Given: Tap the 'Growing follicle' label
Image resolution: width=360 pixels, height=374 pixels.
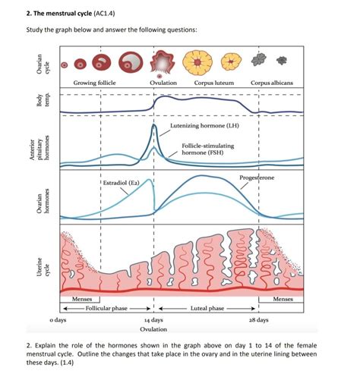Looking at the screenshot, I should click(x=96, y=82).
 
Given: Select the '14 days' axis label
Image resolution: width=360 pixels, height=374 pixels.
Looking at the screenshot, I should click(x=153, y=320).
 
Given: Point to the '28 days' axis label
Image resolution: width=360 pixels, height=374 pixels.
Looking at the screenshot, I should click(x=257, y=320).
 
